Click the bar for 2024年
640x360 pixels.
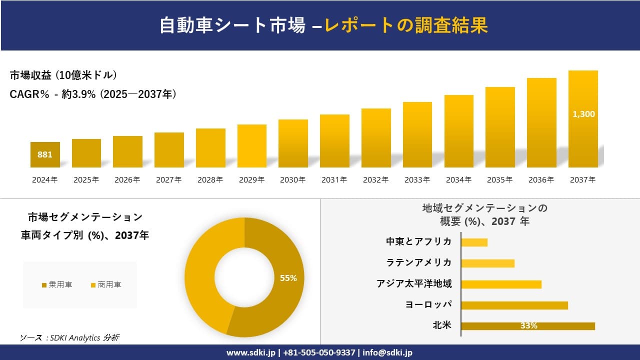point(45,154)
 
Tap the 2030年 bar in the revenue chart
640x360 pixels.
point(293,143)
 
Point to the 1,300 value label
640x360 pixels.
point(583,114)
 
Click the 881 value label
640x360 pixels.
point(45,154)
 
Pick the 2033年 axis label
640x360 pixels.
point(417,180)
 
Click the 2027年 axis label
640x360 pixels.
point(168,180)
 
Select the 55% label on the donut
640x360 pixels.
point(288,278)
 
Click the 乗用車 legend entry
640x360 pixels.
point(57,285)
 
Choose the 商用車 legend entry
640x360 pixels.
point(106,285)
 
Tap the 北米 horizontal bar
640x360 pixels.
point(528,326)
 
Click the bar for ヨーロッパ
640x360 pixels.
point(514,305)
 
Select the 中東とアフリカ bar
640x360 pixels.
point(474,242)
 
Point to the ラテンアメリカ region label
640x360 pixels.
point(419,262)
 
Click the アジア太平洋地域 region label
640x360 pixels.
point(414,284)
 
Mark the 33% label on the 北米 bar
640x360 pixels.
point(528,326)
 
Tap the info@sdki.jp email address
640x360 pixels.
point(388,352)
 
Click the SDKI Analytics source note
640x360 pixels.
point(69,338)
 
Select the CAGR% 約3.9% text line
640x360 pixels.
point(93,94)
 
